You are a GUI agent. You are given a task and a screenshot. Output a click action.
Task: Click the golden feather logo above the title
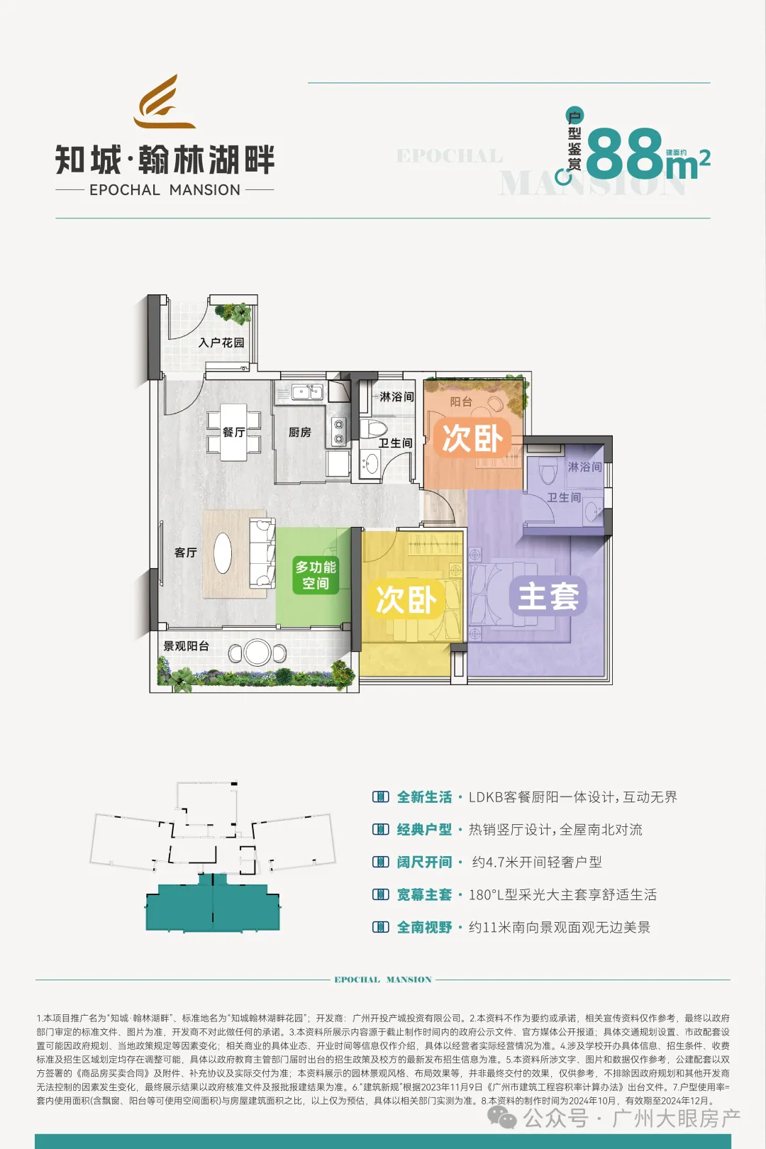tap(165, 103)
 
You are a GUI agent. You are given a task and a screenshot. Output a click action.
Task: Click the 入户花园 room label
tap(221, 343)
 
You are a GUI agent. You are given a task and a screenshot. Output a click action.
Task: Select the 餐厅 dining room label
tap(233, 432)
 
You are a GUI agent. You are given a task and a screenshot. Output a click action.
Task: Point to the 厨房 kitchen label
tap(299, 432)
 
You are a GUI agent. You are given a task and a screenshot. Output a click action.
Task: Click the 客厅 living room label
tap(185, 553)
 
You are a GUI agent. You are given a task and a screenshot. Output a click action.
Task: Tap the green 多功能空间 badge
tap(316, 575)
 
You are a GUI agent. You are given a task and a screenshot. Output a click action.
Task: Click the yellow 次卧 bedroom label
tap(406, 600)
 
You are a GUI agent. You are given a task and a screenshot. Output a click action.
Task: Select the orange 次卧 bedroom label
tap(472, 438)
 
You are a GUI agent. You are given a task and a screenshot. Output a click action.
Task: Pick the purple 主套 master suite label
tap(548, 596)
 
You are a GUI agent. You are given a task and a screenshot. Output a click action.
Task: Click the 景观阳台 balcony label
tap(186, 646)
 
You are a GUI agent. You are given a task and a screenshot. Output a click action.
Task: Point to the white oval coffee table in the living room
tap(223, 553)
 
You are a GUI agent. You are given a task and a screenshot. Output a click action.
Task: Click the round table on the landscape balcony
tap(257, 653)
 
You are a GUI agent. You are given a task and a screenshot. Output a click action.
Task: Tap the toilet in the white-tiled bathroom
tap(373, 428)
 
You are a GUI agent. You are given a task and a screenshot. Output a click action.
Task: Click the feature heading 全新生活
tap(424, 797)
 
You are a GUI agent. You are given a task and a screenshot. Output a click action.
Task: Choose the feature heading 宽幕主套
tap(424, 895)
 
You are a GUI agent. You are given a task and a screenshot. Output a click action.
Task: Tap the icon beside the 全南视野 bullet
tap(381, 927)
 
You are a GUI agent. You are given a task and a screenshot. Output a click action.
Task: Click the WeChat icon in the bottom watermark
tap(502, 1119)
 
